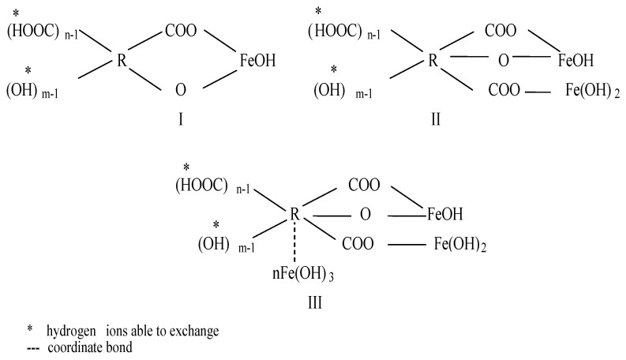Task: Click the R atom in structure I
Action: pos(122,61)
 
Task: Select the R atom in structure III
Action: pos(294,212)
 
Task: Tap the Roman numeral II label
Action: pos(436,119)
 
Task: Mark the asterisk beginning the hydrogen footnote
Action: pos(27,331)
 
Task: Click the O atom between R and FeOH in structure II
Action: pos(503,61)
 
